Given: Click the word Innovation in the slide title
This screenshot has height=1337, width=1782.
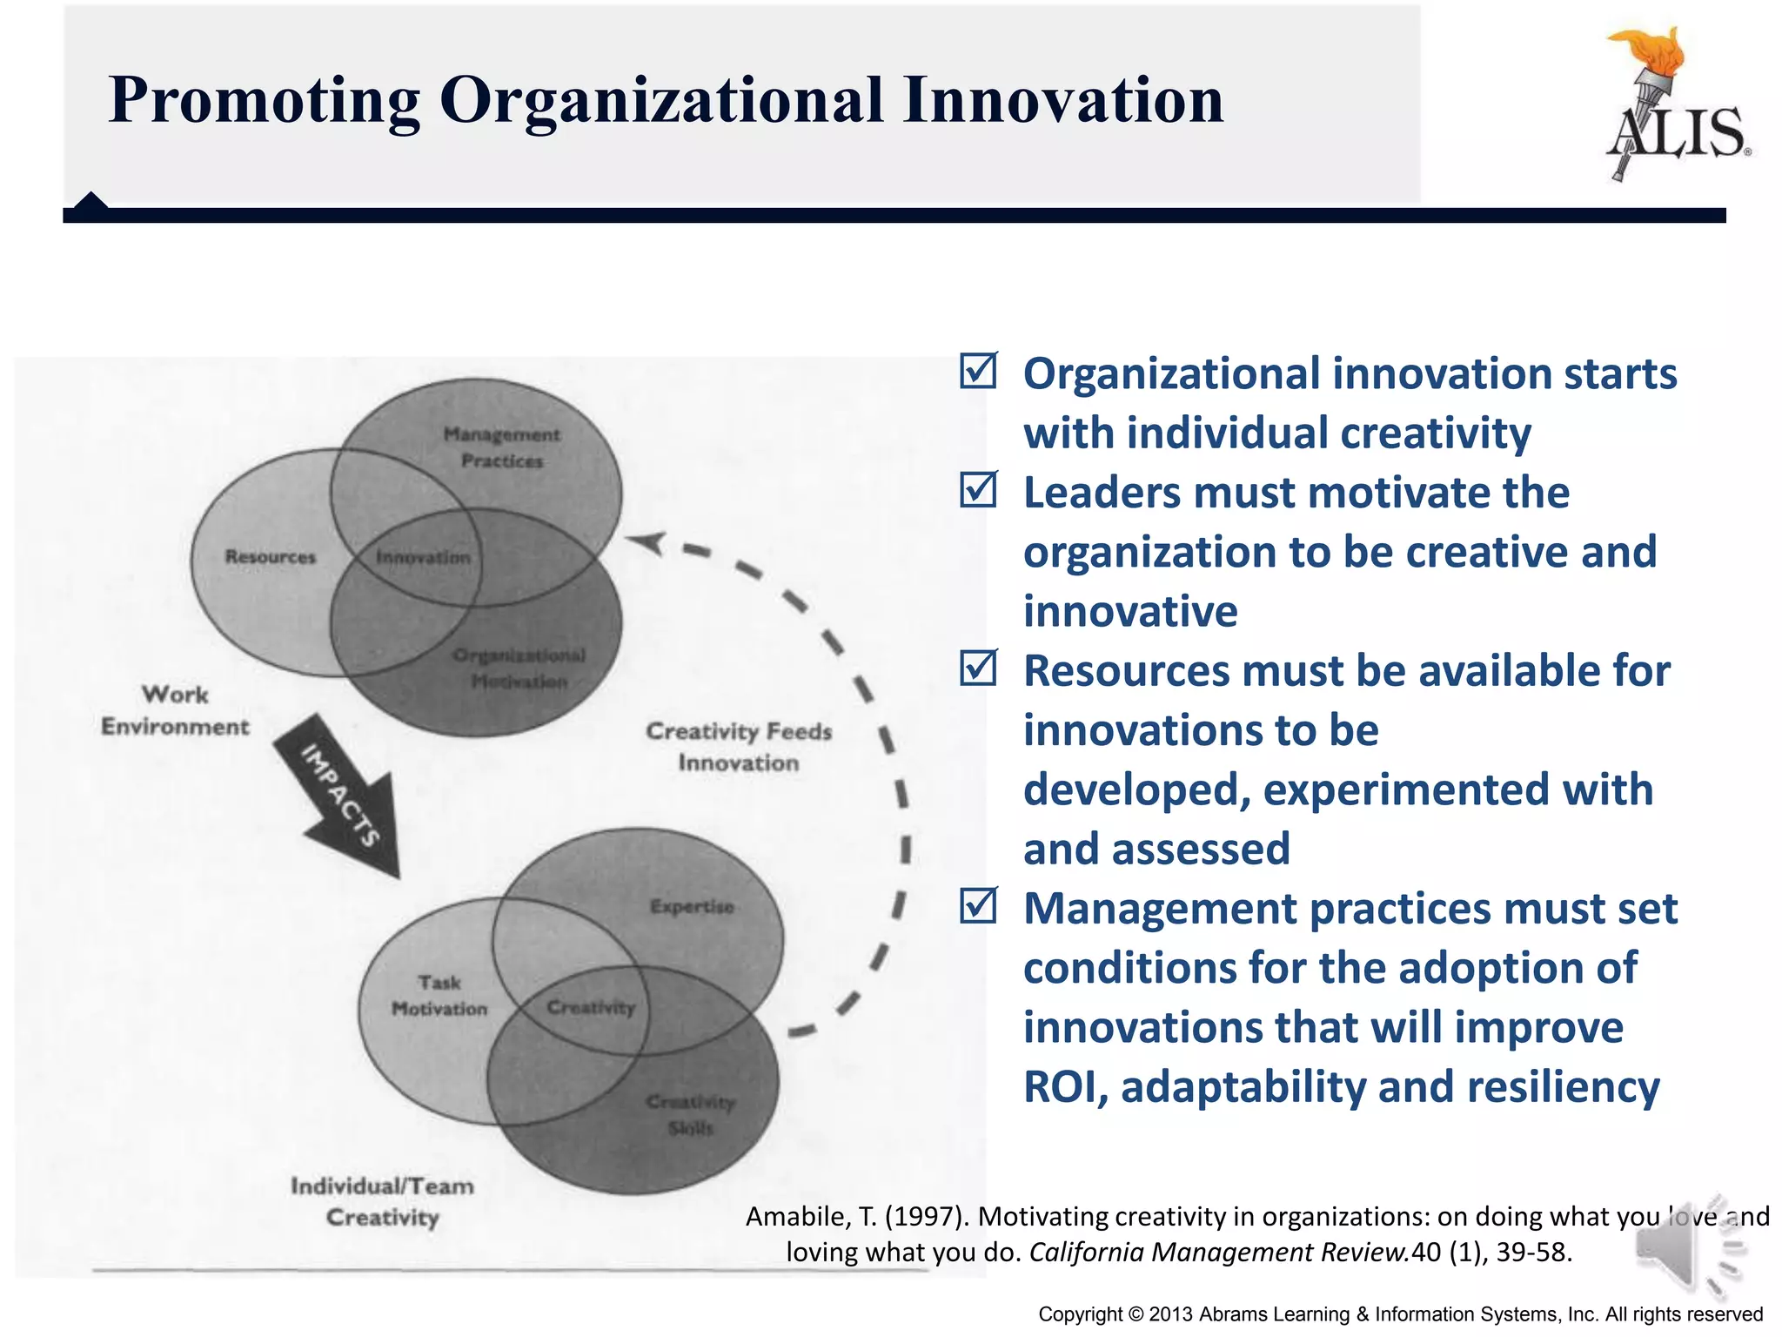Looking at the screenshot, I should (1062, 100).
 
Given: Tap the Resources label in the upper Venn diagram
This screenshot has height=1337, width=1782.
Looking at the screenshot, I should (270, 557).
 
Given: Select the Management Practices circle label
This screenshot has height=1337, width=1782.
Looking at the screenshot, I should (502, 447).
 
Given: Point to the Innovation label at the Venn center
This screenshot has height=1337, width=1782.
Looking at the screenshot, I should (423, 557).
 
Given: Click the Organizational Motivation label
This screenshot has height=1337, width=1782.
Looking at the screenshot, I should (519, 668).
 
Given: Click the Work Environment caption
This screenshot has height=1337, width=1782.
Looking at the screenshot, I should (175, 710).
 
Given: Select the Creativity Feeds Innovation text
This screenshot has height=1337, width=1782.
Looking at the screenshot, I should (738, 747).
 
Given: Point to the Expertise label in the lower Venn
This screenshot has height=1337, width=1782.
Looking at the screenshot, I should (692, 907).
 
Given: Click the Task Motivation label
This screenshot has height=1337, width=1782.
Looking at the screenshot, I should (439, 996).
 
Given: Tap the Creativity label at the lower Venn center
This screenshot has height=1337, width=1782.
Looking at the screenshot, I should (591, 1008).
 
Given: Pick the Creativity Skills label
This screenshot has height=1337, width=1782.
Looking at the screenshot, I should (691, 1115).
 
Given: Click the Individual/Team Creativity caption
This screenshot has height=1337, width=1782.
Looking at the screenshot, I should (382, 1202).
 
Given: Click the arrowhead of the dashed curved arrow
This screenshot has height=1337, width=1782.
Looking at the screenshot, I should (646, 542).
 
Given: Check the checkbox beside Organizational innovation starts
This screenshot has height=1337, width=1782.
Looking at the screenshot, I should (979, 372).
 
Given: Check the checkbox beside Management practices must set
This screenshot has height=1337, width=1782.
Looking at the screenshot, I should (979, 906).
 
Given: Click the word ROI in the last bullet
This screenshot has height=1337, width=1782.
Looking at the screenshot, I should (1063, 1087).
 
